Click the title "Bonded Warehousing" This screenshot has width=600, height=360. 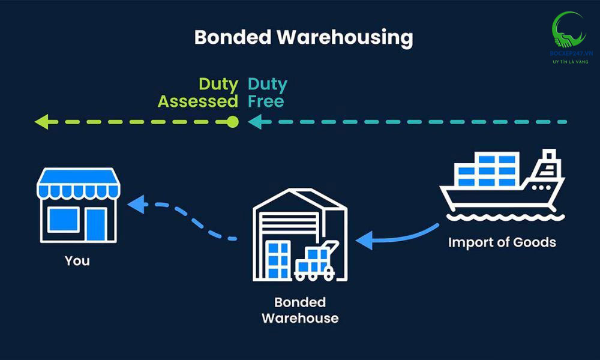click(304, 38)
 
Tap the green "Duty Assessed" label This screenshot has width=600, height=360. click(198, 92)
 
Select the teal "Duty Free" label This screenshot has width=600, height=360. click(268, 92)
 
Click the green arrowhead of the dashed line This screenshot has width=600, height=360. click(41, 122)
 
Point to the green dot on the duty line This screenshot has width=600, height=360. click(233, 122)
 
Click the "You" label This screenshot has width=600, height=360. click(77, 261)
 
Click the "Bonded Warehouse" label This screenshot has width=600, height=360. click(300, 310)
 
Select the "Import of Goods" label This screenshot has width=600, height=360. click(502, 242)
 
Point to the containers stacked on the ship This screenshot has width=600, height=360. click(487, 170)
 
